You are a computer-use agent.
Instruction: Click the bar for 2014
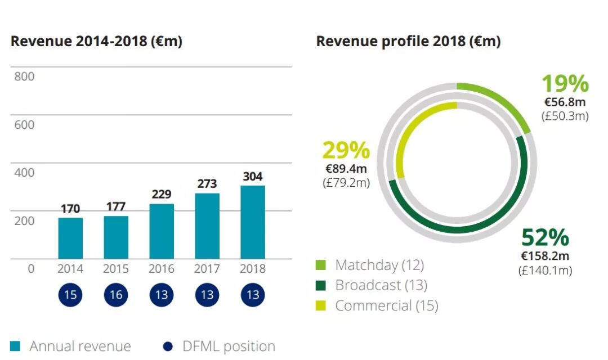(x=70, y=238)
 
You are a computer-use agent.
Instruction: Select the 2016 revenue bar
(x=162, y=231)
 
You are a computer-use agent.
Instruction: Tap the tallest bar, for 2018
(x=253, y=222)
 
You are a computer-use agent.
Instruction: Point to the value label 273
(x=207, y=184)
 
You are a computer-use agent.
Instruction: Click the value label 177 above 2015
(x=116, y=206)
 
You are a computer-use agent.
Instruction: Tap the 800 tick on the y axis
(x=24, y=76)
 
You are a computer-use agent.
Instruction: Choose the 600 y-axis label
(x=24, y=124)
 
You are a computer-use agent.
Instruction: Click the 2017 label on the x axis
(x=207, y=269)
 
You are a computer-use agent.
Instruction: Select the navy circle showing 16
(x=116, y=295)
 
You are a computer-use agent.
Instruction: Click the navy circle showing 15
(x=70, y=295)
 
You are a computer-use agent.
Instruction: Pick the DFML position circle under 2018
(x=253, y=295)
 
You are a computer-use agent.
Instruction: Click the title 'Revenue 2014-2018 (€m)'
(x=96, y=42)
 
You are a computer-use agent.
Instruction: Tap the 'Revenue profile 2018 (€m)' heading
(x=408, y=42)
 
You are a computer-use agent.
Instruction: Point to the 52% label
(x=545, y=238)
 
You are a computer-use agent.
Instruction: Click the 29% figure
(x=346, y=151)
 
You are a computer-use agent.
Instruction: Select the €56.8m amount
(x=565, y=102)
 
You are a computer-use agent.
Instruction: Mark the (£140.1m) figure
(x=545, y=271)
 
